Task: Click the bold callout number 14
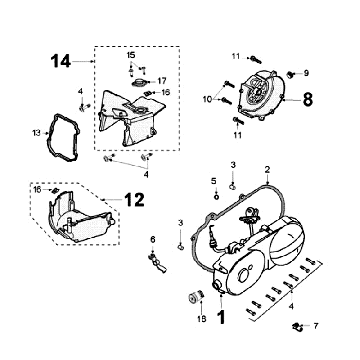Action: click(61, 62)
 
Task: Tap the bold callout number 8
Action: click(308, 99)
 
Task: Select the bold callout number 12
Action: click(134, 200)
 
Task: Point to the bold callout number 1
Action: click(221, 317)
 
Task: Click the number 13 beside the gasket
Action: click(36, 133)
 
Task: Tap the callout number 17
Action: click(162, 81)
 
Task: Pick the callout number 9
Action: click(306, 73)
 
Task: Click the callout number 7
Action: click(316, 326)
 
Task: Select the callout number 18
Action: click(202, 319)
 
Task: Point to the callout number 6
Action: click(153, 239)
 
